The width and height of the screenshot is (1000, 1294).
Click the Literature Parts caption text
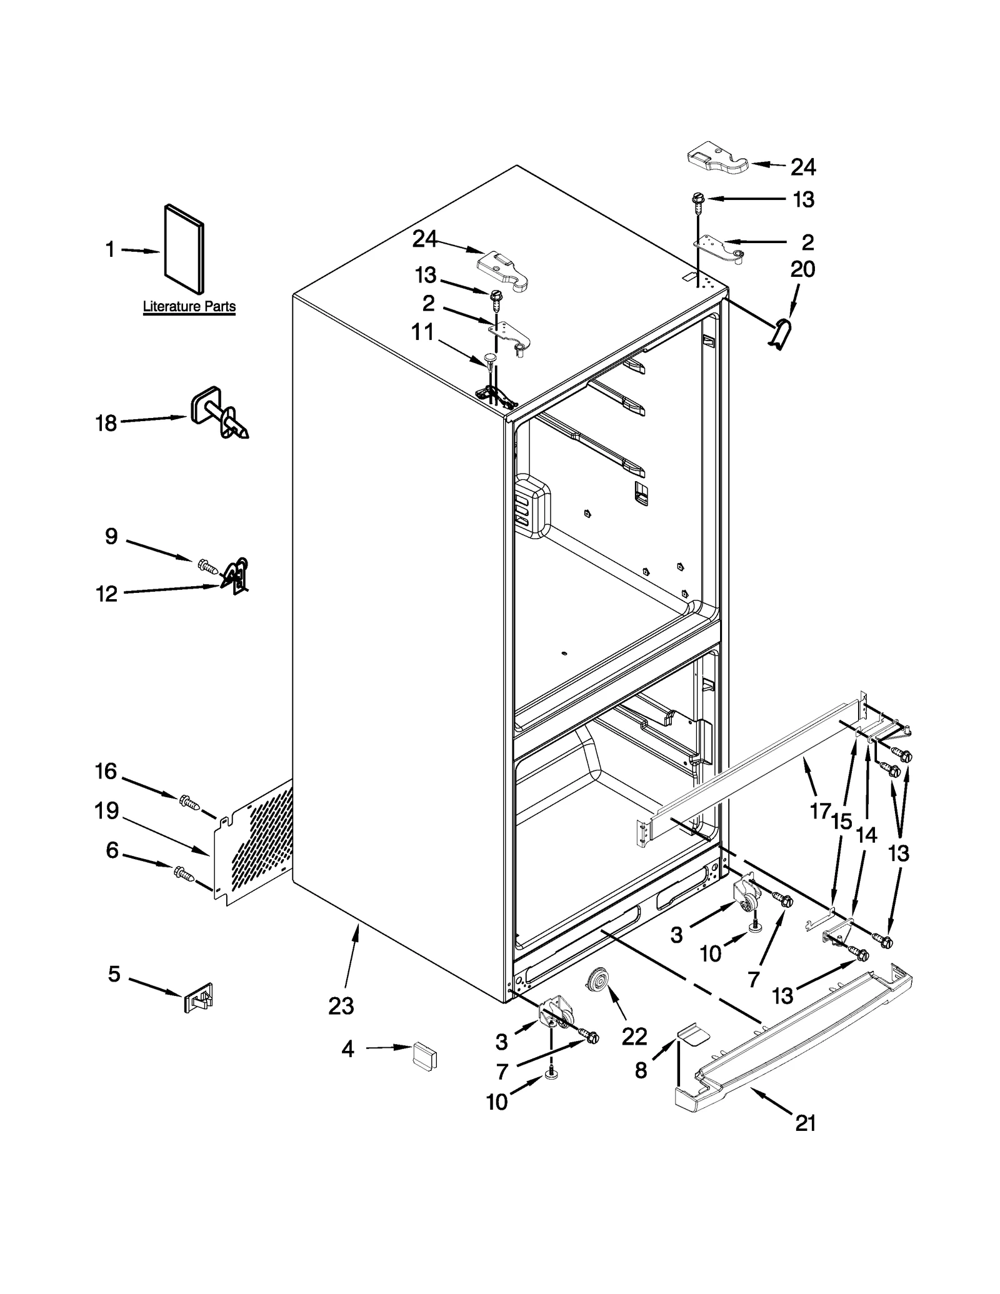189,307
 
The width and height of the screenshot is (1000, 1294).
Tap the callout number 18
106,424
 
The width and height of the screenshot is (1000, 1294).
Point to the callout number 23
341,1006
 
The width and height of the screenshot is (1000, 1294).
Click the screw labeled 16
189,802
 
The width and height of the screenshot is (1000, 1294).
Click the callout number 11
422,332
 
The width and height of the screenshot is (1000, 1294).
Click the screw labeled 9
207,566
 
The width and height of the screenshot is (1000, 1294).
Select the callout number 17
820,811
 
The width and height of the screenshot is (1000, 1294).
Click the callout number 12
107,594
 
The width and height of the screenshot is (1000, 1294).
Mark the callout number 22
634,1037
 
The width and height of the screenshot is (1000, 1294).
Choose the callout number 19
107,811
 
